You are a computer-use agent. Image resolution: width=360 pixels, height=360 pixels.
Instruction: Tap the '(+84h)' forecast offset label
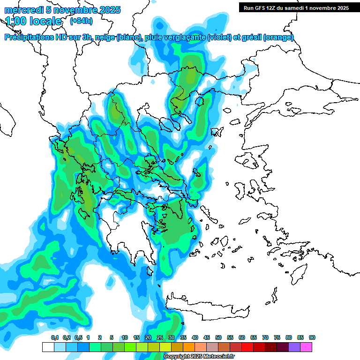[x=81, y=21]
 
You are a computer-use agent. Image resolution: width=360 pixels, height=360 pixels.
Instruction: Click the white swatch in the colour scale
[x=48, y=347]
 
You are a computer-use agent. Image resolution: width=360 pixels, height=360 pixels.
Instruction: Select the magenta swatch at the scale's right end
[x=306, y=347]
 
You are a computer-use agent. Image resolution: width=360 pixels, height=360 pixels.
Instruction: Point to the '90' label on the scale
[x=312, y=337]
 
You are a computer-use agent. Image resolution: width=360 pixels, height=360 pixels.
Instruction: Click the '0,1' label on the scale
[x=55, y=337]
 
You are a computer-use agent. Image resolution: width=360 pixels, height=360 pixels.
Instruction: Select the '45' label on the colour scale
[x=207, y=337]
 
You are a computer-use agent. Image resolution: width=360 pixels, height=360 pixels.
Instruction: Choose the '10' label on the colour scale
[x=125, y=337]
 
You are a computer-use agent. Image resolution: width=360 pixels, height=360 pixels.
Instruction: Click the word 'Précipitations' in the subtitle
[x=28, y=37]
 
